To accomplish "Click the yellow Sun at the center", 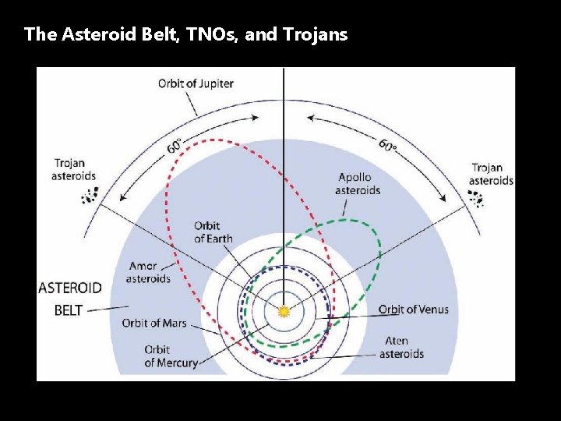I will (x=284, y=310).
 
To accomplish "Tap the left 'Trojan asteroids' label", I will (x=75, y=170).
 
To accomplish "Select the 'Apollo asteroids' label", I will (x=358, y=184).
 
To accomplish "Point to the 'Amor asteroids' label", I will (x=148, y=272).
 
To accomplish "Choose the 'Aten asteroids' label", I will (x=401, y=348).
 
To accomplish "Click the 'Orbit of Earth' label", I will (x=213, y=232).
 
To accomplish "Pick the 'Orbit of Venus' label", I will (x=414, y=310).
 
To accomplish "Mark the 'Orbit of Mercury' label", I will (x=171, y=356).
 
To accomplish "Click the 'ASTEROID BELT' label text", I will (x=69, y=299).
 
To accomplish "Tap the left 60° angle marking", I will (x=175, y=147).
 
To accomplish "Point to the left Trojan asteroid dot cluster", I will (x=90, y=197).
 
